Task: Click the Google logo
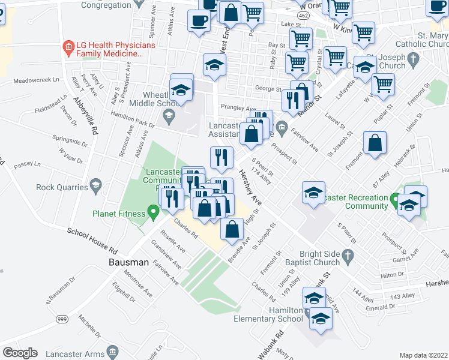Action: [x=20, y=353]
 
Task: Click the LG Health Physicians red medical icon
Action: [x=68, y=46]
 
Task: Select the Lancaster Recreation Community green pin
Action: [x=394, y=198]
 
